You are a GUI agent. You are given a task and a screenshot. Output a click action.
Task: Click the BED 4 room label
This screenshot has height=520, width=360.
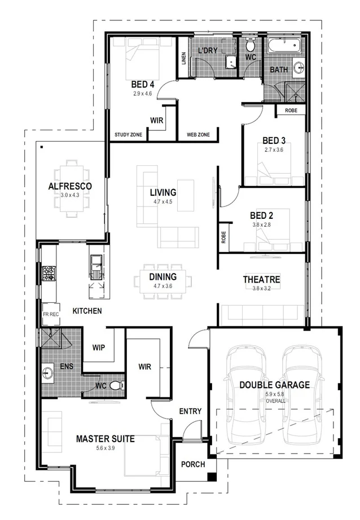(x=143, y=84)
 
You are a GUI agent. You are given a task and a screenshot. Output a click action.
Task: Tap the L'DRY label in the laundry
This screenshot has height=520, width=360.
(x=208, y=51)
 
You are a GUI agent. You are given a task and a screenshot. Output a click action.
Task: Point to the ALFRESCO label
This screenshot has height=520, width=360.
(x=70, y=186)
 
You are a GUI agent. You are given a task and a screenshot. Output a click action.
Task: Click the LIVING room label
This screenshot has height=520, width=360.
(x=163, y=192)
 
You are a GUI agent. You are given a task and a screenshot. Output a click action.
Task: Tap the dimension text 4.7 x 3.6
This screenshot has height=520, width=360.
(x=163, y=287)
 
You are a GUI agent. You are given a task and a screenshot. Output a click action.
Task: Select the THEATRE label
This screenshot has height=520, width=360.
(x=261, y=280)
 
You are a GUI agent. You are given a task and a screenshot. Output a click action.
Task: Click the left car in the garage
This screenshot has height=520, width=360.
(x=245, y=395)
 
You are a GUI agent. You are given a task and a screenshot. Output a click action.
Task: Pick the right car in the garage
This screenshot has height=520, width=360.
(x=301, y=395)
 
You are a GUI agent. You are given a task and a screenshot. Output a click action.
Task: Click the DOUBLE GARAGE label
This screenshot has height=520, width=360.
(x=274, y=385)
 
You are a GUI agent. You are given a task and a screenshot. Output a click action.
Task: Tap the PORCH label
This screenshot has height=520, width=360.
(x=192, y=465)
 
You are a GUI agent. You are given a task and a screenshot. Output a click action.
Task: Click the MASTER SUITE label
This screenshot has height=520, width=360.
(x=106, y=439)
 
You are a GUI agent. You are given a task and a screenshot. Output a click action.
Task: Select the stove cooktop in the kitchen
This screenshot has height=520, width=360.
(x=48, y=274)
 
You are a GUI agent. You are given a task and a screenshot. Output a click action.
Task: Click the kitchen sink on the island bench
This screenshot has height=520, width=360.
(x=96, y=262)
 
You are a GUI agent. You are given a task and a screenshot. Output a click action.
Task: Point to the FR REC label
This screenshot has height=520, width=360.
(x=51, y=314)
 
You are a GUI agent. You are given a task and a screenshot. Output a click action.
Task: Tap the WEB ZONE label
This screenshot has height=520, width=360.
(x=198, y=135)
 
